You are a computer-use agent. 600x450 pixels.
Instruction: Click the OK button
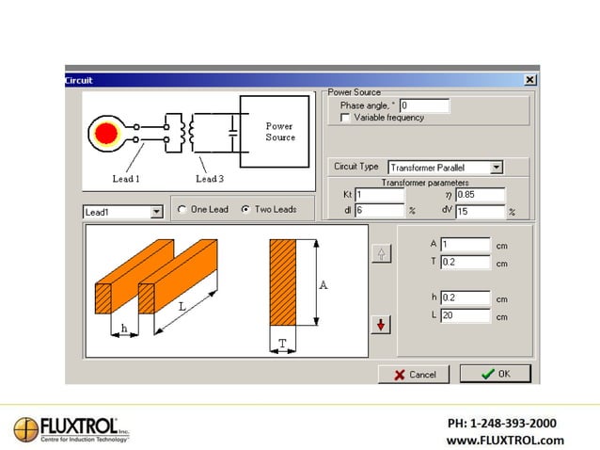coord(495,374)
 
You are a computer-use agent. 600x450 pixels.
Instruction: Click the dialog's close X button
coord(530,80)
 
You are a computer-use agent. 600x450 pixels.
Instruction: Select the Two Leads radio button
coord(245,210)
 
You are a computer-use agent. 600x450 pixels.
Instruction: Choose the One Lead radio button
coord(182,210)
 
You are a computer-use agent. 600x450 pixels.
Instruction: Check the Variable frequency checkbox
coord(345,118)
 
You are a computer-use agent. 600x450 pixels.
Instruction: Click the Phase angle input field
coord(424,105)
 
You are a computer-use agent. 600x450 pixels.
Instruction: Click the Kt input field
coord(379,195)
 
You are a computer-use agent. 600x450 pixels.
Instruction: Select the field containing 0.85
coord(480,195)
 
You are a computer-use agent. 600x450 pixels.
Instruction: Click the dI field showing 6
coord(379,212)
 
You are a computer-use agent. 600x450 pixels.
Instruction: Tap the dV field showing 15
coord(480,212)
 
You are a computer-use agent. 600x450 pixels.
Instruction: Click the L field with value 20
coord(465,315)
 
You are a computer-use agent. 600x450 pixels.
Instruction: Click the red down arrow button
coord(381,325)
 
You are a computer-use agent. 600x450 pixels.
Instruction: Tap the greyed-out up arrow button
coord(381,253)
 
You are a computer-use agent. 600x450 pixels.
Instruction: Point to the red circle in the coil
coord(107,133)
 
